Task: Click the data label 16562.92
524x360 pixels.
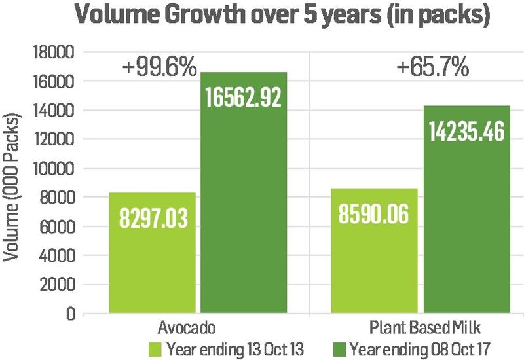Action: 243,97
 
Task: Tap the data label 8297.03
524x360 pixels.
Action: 153,217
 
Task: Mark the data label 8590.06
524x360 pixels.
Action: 370,213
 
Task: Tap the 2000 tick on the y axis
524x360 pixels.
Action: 61,285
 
